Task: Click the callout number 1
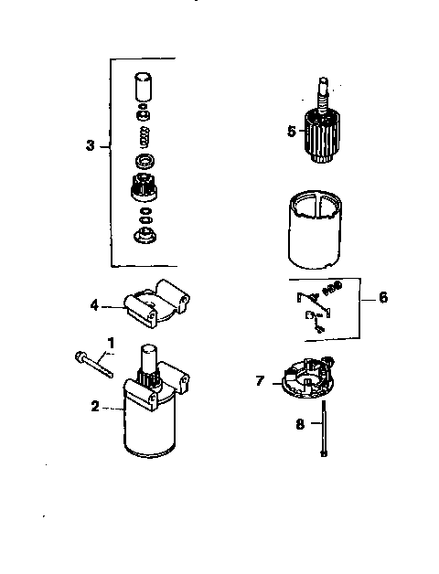click(x=111, y=342)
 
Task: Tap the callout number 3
click(x=90, y=145)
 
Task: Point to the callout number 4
click(x=94, y=304)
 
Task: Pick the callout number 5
click(x=292, y=131)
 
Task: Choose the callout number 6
click(x=382, y=297)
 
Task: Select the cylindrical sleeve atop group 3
click(x=141, y=88)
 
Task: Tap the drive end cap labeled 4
click(x=156, y=301)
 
